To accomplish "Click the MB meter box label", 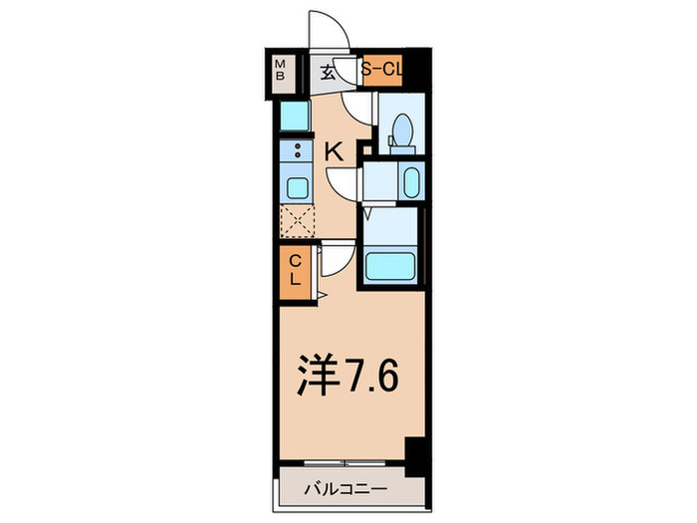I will (280, 71).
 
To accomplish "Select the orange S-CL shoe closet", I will (382, 71).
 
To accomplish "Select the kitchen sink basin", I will (297, 187).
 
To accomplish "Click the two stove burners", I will (297, 151).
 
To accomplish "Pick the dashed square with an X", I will (297, 221).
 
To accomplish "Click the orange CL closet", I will (296, 269).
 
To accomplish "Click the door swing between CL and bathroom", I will (337, 261).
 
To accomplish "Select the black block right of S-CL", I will (418, 71).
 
